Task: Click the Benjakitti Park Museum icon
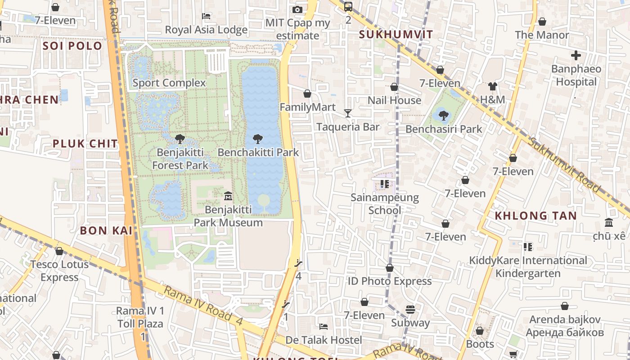click(x=228, y=196)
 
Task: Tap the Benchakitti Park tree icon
click(x=258, y=139)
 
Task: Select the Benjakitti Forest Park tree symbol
click(x=180, y=139)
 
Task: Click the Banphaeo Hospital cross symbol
click(x=576, y=55)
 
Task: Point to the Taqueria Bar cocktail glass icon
click(x=347, y=113)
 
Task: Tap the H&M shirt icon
click(x=492, y=86)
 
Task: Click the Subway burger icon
click(x=410, y=310)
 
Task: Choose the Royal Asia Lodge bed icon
click(x=206, y=16)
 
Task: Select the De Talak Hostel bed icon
click(x=323, y=326)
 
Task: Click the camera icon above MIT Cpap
click(x=297, y=9)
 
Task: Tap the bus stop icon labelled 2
click(x=348, y=7)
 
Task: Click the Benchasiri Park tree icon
click(x=444, y=116)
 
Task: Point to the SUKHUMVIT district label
click(x=396, y=35)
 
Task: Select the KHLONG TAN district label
click(x=535, y=216)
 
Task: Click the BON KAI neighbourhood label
click(x=106, y=230)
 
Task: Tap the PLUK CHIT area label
click(x=85, y=144)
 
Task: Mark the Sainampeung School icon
click(x=384, y=184)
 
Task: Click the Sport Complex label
click(x=169, y=83)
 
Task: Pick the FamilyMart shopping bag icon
click(x=307, y=94)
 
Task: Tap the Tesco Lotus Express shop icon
click(x=59, y=251)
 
